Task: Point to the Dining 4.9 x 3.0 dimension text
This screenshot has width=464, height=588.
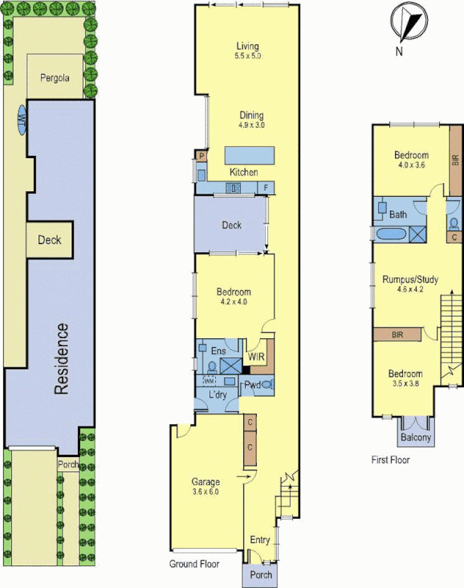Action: tap(250, 126)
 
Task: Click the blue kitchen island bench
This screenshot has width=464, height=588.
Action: tap(250, 156)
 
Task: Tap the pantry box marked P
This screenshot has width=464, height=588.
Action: tap(200, 156)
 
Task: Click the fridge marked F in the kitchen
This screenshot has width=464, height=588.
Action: tap(266, 188)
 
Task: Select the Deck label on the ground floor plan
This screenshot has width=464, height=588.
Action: tap(232, 225)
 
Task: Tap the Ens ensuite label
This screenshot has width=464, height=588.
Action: tap(218, 351)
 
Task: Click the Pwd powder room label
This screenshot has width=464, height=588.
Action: tap(253, 384)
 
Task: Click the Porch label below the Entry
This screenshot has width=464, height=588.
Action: tap(261, 575)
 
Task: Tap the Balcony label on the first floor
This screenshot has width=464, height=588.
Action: tap(416, 439)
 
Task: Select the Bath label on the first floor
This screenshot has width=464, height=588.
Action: tap(398, 215)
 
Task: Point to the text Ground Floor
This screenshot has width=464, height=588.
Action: tap(192, 564)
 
